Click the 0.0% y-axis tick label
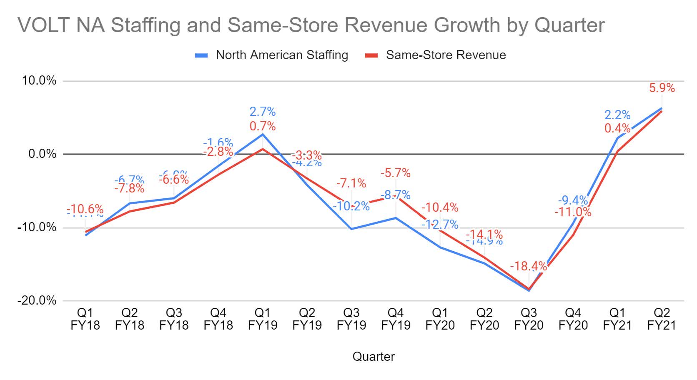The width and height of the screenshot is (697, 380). coord(42,154)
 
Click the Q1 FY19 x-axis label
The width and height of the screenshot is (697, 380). coord(263,319)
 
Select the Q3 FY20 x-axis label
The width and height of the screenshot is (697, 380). coord(529,319)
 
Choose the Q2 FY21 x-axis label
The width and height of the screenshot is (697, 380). coord(662,319)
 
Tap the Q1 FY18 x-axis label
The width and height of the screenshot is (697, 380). coord(85,319)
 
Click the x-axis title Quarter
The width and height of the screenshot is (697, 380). coord(374,357)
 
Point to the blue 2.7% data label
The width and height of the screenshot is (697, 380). coord(263,112)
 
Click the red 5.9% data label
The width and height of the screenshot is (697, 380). coord(662,88)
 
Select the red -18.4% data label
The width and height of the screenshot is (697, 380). coord(529,266)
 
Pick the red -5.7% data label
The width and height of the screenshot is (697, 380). coord(396,173)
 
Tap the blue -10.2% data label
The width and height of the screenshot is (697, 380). coord(351,206)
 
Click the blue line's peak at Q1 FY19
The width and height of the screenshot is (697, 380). coord(263,134)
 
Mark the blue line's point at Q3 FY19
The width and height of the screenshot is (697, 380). coord(351,229)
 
